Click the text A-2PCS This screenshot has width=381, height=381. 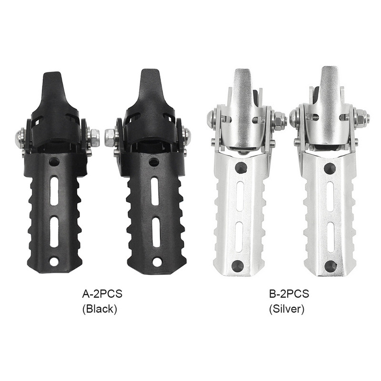tap(102, 294)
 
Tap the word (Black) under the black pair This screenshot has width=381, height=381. tap(100, 309)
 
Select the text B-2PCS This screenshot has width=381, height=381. tap(289, 294)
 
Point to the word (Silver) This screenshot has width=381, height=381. tap(287, 309)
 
